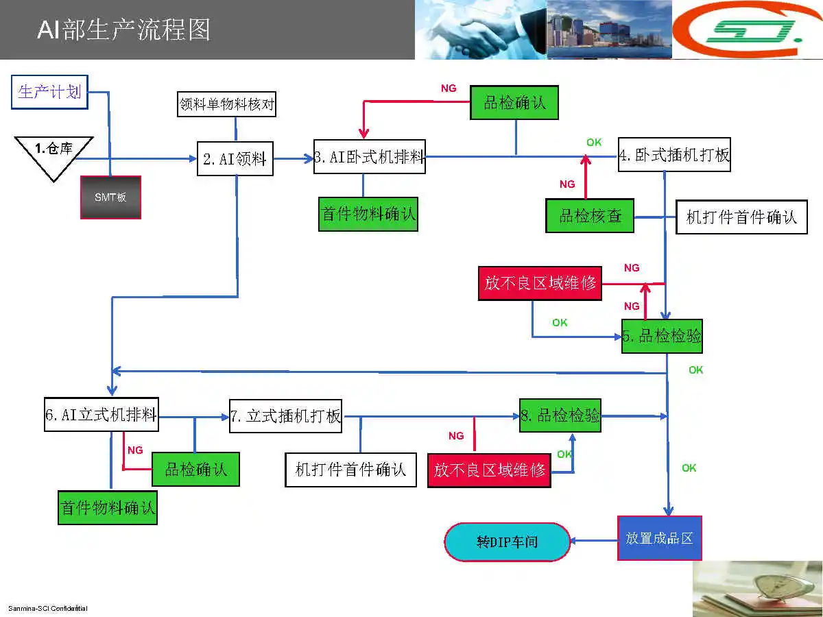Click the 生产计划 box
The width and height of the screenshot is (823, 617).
click(50, 92)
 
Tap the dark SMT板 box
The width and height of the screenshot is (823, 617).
click(110, 197)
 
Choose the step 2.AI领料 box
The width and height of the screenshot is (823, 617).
click(235, 159)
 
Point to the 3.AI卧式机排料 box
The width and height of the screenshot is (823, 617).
click(370, 157)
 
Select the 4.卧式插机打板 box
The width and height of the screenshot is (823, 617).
click(674, 155)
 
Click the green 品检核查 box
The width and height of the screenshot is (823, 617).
click(590, 216)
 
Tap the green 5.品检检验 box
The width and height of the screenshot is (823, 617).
click(662, 336)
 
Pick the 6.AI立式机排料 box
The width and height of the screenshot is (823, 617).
click(102, 415)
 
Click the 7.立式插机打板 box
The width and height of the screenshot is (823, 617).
click(286, 416)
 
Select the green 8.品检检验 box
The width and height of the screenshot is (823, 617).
click(560, 415)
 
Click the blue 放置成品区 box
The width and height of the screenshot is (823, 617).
click(659, 538)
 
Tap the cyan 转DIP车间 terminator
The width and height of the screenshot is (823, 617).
click(508, 542)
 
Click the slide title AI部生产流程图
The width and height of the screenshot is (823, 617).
click(123, 30)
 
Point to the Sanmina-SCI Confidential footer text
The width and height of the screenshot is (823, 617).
click(48, 609)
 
